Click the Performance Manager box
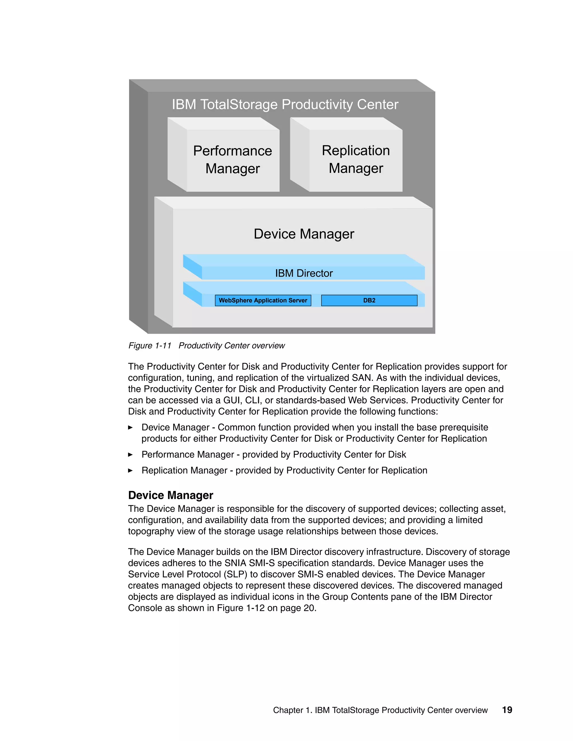tap(233, 160)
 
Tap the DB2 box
tap(369, 301)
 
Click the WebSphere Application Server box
tap(263, 301)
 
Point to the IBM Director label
tap(304, 273)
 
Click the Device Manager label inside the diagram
tap(304, 234)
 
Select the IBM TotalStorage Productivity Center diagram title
tap(285, 105)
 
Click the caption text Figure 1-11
tap(150, 346)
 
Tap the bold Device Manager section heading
tap(170, 495)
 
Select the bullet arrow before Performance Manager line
tap(130, 455)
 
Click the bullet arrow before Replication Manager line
tap(130, 471)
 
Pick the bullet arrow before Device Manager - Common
tap(130, 428)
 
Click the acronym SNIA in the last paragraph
tap(235, 563)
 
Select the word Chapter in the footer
tap(288, 710)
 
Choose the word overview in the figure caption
tap(268, 346)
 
